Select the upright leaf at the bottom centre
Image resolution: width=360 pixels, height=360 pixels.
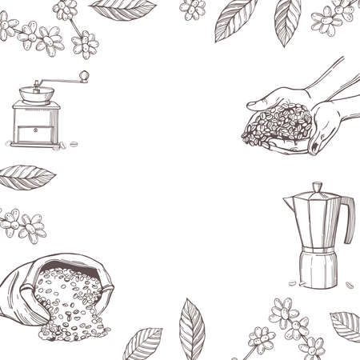(x=191, y=328)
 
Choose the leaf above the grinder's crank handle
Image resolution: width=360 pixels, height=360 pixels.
(x=122, y=9)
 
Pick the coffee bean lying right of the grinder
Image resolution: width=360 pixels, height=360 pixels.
(x=74, y=145)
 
